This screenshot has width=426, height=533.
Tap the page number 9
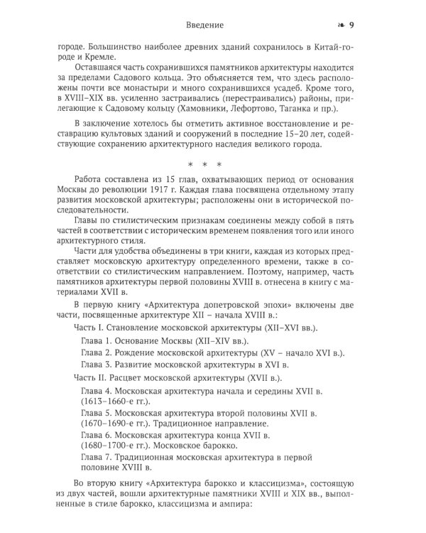point(373,26)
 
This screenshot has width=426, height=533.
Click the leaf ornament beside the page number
point(359,26)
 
